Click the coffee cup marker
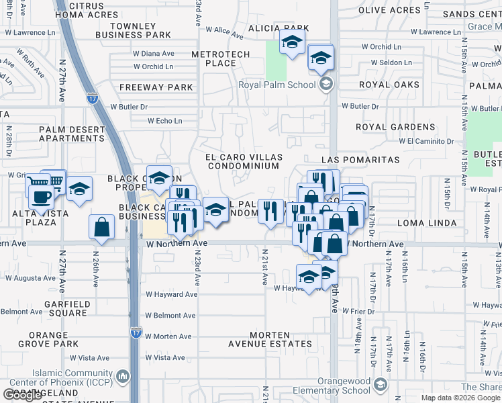[x=42, y=196]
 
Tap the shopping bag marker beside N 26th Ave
[x=101, y=228]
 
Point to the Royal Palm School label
[x=277, y=85]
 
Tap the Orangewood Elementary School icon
[x=380, y=384]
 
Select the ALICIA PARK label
[x=273, y=28]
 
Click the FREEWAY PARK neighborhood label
[x=156, y=87]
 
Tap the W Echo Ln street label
[x=165, y=121]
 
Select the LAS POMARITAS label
[x=360, y=161]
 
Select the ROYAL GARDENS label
[x=395, y=127]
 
